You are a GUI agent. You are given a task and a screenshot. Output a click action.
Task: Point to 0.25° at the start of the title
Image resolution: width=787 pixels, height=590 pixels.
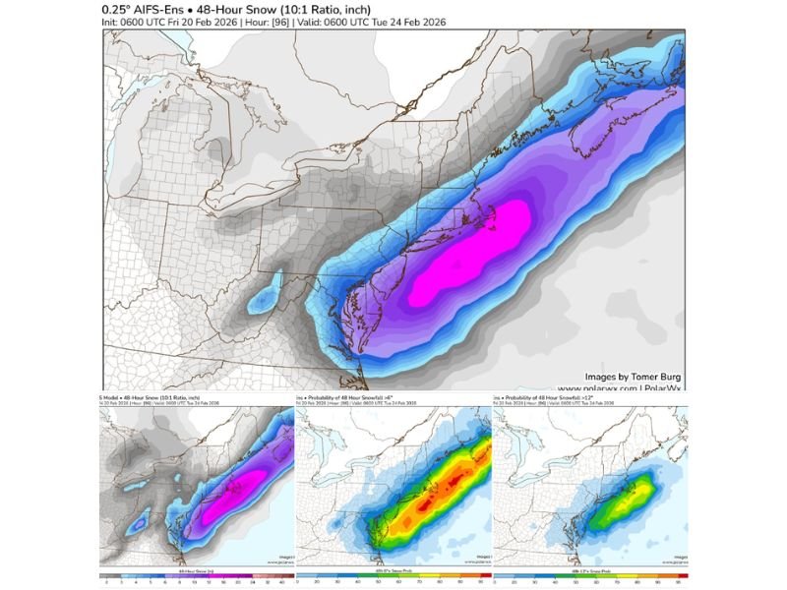[x=120, y=9]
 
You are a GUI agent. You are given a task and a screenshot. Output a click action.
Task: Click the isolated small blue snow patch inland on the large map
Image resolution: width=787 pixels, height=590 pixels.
[x=263, y=299]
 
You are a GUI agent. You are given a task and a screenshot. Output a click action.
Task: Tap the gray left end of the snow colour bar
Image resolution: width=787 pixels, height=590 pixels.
[x=104, y=576]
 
